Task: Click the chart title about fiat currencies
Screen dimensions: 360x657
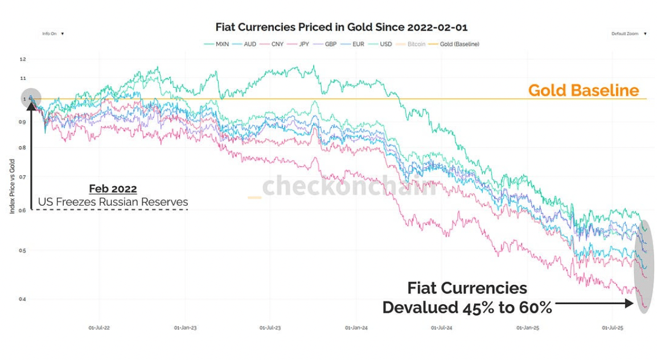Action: click(x=341, y=27)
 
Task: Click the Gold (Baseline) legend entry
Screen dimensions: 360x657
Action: click(x=455, y=44)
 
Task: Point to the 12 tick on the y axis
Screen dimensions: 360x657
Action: click(x=23, y=59)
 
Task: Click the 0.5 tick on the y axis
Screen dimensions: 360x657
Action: click(x=22, y=251)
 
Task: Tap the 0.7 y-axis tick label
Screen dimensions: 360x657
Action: click(x=22, y=178)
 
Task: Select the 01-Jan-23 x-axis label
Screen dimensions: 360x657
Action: click(x=185, y=328)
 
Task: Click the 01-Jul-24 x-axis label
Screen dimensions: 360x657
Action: click(x=442, y=328)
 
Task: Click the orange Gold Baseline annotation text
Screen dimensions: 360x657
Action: click(x=583, y=91)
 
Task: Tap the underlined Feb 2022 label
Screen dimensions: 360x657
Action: click(x=113, y=189)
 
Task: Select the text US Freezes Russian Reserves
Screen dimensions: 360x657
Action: click(x=113, y=202)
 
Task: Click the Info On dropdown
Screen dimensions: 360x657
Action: click(x=52, y=34)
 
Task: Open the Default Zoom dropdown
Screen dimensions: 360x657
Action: click(x=629, y=34)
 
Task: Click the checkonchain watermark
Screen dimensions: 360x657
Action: click(x=348, y=186)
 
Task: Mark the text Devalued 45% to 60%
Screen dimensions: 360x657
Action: click(x=467, y=308)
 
